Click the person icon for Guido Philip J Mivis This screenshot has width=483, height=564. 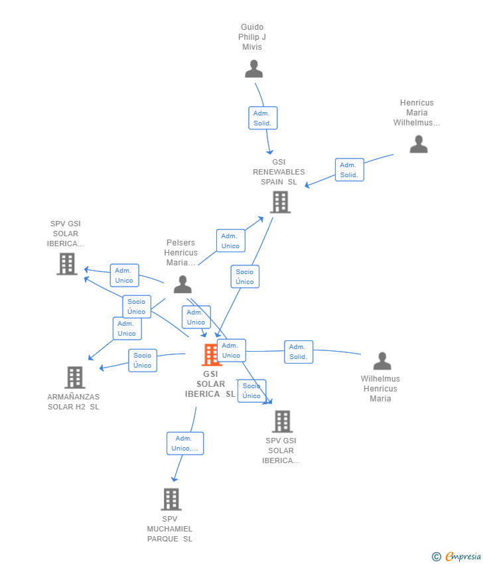click(x=253, y=68)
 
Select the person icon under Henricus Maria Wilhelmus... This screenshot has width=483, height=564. click(x=419, y=144)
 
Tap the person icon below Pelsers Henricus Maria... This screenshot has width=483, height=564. click(x=182, y=285)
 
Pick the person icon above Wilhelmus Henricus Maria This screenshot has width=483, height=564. click(x=382, y=361)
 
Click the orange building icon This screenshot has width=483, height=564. click(x=211, y=355)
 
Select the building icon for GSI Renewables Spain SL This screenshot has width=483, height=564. click(x=280, y=202)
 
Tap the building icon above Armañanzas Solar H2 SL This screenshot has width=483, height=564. click(x=74, y=378)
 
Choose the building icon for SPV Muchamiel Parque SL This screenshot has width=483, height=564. click(x=171, y=499)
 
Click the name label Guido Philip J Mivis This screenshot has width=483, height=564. click(x=252, y=37)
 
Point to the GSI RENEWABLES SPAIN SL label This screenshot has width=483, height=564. click(x=279, y=172)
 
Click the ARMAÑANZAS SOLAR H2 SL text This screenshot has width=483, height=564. click(x=74, y=402)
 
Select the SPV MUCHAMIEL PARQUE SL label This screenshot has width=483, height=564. click(x=170, y=529)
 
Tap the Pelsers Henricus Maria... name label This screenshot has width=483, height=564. click(x=181, y=253)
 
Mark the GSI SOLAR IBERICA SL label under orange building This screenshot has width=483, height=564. click(x=210, y=384)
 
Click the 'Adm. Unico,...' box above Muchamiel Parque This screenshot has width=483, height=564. click(x=185, y=443)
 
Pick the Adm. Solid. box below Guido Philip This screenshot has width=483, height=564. click(x=263, y=118)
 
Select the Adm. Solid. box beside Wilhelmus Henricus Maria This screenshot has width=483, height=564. click(x=299, y=352)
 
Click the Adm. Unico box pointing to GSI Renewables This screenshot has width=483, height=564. click(x=230, y=241)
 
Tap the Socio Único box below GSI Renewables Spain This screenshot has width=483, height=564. click(x=245, y=277)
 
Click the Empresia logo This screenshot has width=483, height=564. click(x=456, y=557)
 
